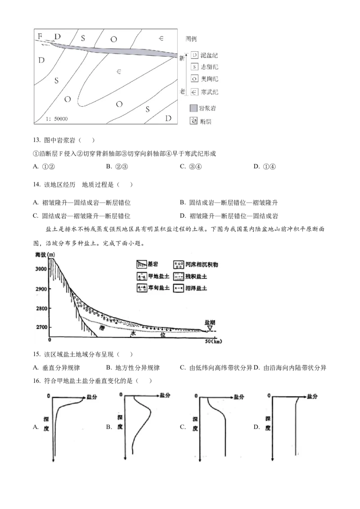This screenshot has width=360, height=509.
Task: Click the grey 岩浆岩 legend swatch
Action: click(194, 108)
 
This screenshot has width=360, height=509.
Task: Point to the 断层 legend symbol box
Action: click(194, 121)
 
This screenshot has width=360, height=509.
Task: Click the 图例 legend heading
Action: click(191, 39)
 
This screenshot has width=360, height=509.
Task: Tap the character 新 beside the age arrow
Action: click(182, 58)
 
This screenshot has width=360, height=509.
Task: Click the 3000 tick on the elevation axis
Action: click(41, 269)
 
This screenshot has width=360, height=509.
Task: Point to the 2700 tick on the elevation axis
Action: click(41, 327)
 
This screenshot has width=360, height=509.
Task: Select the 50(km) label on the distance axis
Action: click(213, 342)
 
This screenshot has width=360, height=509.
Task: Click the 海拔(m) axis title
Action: click(45, 255)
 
